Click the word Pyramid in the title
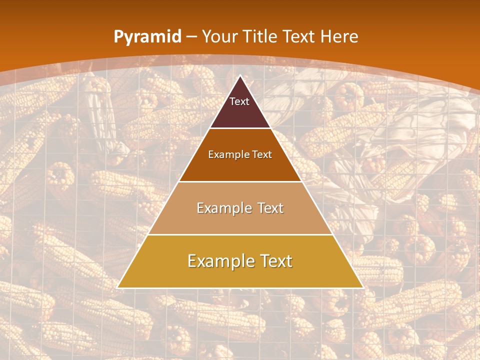(x=147, y=37)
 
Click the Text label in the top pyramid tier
(x=239, y=101)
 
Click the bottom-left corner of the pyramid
(x=117, y=288)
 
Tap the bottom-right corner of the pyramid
(x=363, y=288)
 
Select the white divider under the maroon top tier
(x=240, y=128)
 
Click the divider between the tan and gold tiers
(x=240, y=235)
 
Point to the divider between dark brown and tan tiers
(x=240, y=181)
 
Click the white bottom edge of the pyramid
(x=240, y=288)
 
